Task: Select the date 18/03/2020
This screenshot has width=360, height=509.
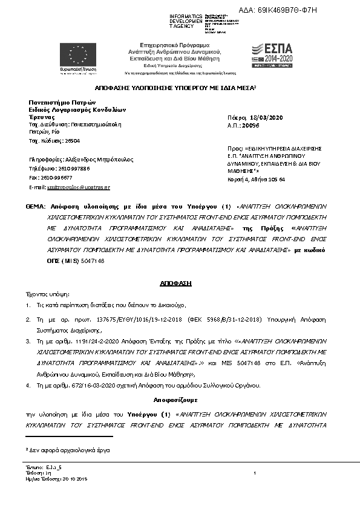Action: pos(265,117)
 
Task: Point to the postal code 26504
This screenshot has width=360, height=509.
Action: pos(72,140)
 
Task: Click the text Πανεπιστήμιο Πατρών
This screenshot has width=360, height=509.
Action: pos(58,103)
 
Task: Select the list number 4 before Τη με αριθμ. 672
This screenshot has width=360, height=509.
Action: pos(28,385)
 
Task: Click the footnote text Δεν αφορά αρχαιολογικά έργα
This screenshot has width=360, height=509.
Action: pos(70,451)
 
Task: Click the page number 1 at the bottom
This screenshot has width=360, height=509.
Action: pos(256,472)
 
